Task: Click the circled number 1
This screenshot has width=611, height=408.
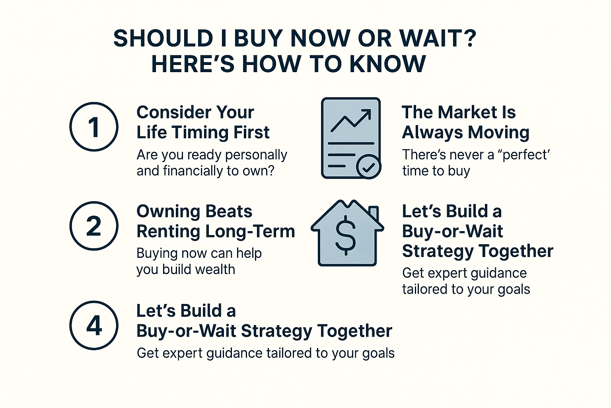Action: [x=94, y=127]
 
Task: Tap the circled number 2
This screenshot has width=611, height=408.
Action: [x=94, y=226]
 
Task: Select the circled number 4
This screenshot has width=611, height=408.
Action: [x=94, y=325]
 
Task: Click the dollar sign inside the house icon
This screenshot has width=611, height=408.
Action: [x=346, y=235]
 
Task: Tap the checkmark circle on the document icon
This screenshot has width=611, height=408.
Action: [x=368, y=167]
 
